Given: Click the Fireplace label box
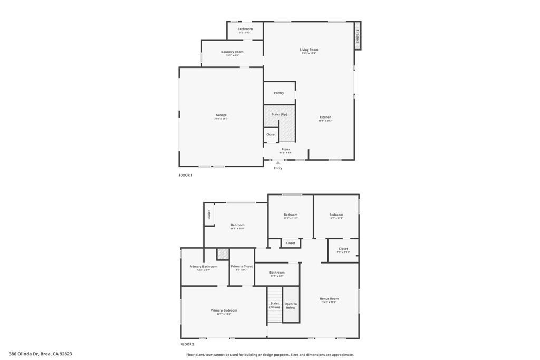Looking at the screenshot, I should (358, 36).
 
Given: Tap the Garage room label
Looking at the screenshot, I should (221, 115).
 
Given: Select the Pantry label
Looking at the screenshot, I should (278, 93).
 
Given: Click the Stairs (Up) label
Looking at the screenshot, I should (279, 114).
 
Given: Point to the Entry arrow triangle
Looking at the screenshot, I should (278, 163).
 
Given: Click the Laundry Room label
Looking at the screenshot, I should (232, 52).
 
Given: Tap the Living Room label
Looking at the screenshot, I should (309, 50).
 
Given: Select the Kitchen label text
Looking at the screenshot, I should (325, 117).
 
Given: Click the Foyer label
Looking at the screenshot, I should (286, 149).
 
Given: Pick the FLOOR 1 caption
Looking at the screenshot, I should (186, 175).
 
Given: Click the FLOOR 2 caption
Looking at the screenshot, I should (187, 344).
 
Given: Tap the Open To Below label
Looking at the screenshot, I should (291, 306).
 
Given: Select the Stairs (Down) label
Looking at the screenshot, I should (275, 305).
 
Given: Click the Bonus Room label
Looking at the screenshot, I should (329, 298).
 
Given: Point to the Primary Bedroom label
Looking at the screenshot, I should (224, 310).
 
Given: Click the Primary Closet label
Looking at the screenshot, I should (242, 266).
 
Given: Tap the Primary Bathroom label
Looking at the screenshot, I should (203, 266).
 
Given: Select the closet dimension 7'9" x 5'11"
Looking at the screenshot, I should (343, 252).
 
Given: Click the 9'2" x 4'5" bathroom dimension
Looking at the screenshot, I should (245, 33).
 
